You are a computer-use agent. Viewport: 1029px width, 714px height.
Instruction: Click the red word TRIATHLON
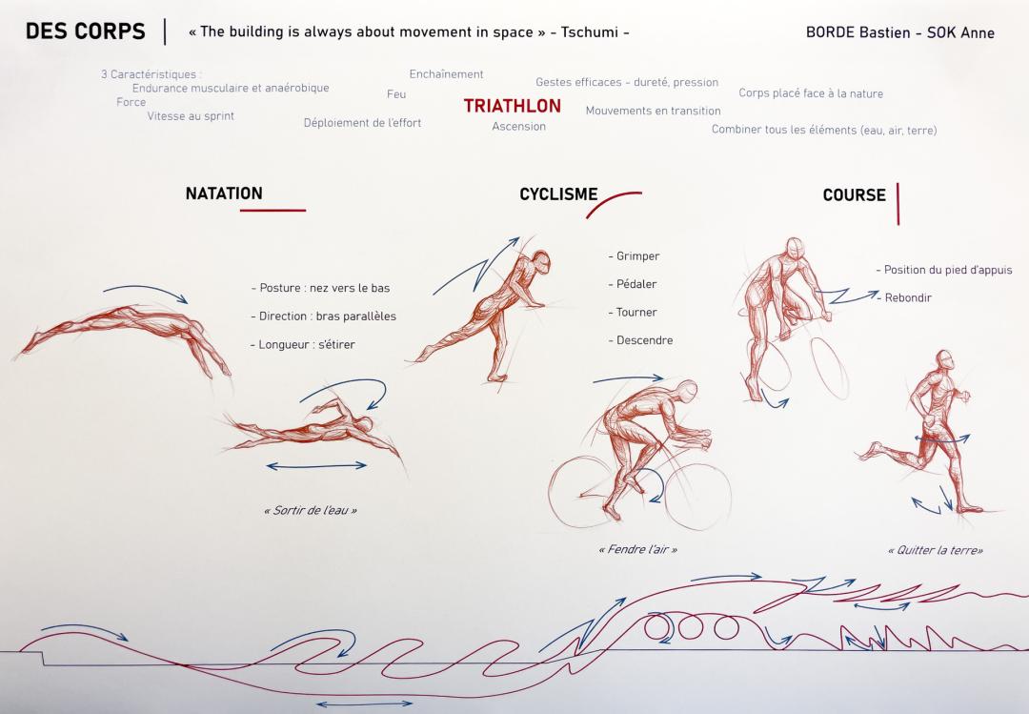pyautogui.click(x=512, y=106)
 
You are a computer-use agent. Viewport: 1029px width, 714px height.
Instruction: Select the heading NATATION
pyautogui.click(x=224, y=194)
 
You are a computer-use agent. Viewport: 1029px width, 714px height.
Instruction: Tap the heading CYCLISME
pyautogui.click(x=558, y=194)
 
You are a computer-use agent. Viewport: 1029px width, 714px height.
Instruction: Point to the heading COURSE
pyautogui.click(x=854, y=195)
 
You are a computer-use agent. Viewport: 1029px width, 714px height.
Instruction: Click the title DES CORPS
pyautogui.click(x=86, y=31)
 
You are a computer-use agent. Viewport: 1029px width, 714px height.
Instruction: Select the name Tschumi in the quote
pyautogui.click(x=590, y=32)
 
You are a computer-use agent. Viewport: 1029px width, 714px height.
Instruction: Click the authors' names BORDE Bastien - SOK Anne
pyautogui.click(x=899, y=32)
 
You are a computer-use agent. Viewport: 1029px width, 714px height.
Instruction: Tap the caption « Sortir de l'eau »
pyautogui.click(x=311, y=510)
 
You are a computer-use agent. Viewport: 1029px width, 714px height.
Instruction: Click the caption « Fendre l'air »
pyautogui.click(x=637, y=549)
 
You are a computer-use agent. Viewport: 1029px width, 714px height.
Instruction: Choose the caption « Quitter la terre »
pyautogui.click(x=936, y=550)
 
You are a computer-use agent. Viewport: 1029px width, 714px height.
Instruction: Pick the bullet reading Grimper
pyautogui.click(x=634, y=256)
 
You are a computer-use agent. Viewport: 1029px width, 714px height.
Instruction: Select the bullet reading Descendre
pyautogui.click(x=640, y=340)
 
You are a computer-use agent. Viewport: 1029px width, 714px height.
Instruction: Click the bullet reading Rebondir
pyautogui.click(x=904, y=297)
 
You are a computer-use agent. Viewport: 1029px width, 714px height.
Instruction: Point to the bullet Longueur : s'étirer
pyautogui.click(x=303, y=344)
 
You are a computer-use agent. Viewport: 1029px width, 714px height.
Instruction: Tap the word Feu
pyautogui.click(x=396, y=94)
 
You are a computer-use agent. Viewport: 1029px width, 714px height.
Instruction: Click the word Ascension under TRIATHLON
pyautogui.click(x=518, y=126)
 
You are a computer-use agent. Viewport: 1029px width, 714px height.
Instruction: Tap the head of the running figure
pyautogui.click(x=945, y=360)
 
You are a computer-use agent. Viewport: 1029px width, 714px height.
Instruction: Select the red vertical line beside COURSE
pyautogui.click(x=898, y=204)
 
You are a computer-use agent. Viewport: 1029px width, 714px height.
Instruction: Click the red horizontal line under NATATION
pyautogui.click(x=273, y=210)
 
